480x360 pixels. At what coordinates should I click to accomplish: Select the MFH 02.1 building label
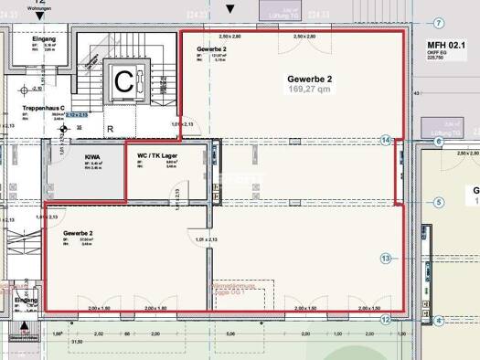click(445, 45)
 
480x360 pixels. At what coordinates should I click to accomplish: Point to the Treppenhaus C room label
click(42, 108)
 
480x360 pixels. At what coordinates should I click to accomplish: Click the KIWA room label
click(92, 157)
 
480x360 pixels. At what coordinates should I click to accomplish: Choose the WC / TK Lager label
click(157, 156)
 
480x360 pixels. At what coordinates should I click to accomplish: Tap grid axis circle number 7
click(438, 23)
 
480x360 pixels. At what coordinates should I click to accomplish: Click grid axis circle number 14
click(386, 140)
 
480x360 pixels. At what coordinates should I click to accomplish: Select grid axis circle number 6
click(439, 142)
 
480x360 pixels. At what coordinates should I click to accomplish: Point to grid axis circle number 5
click(438, 203)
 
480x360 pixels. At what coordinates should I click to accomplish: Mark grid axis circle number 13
click(386, 259)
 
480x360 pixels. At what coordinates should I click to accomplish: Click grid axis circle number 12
click(386, 320)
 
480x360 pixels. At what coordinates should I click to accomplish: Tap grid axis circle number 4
click(439, 321)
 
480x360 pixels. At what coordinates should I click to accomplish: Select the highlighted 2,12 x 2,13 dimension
click(77, 115)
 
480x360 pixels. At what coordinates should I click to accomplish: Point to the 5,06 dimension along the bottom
click(229, 334)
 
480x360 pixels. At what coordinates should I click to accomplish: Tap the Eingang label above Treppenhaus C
click(43, 40)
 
